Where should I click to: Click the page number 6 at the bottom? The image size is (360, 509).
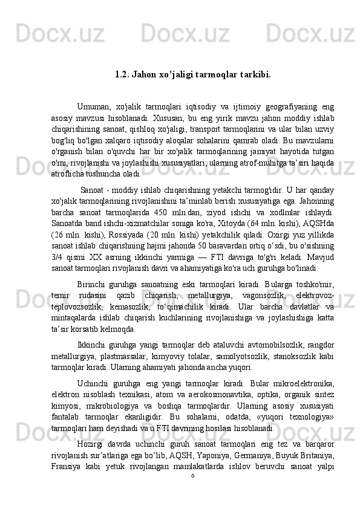pos(192,475)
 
